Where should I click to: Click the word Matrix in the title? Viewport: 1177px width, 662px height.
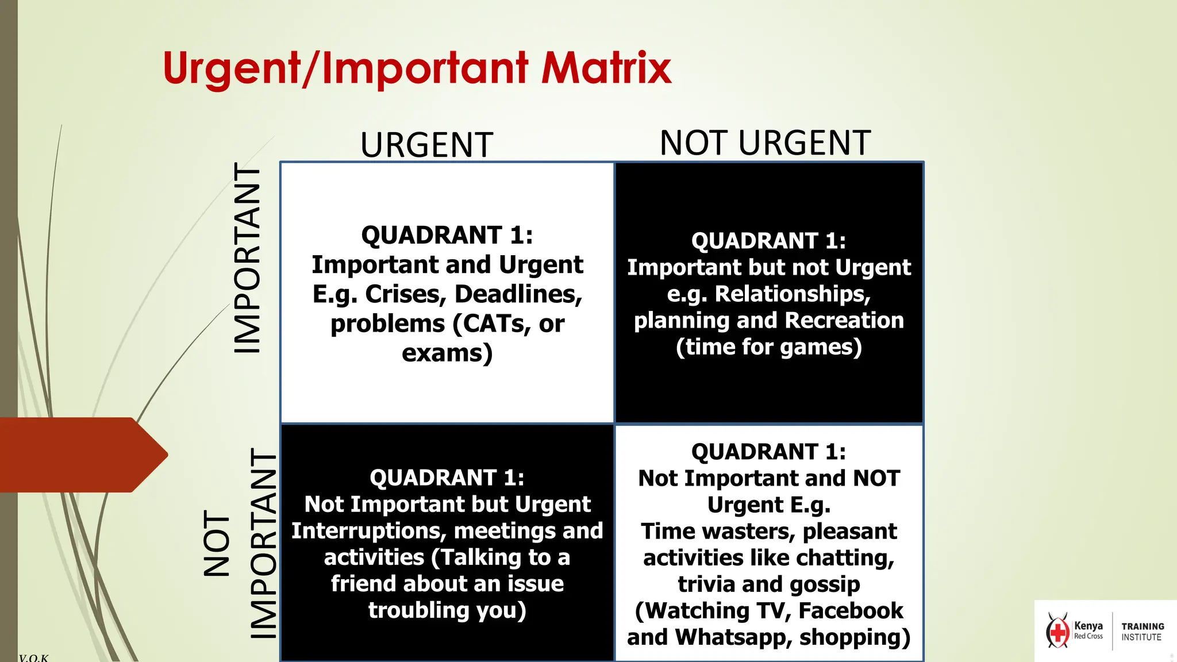(606, 68)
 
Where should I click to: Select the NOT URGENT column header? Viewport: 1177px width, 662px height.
(765, 143)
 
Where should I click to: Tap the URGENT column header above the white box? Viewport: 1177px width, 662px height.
(426, 145)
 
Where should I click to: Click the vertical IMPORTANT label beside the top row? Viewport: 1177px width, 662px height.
(248, 258)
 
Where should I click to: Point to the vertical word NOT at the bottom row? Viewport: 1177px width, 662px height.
(217, 543)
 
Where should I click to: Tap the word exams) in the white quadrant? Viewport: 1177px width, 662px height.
(447, 353)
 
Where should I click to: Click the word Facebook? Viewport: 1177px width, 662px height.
(851, 610)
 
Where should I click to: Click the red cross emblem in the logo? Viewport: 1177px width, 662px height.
(1057, 632)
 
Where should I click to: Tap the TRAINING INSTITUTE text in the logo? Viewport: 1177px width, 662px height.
(1142, 632)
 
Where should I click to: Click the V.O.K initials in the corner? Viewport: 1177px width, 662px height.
(33, 657)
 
